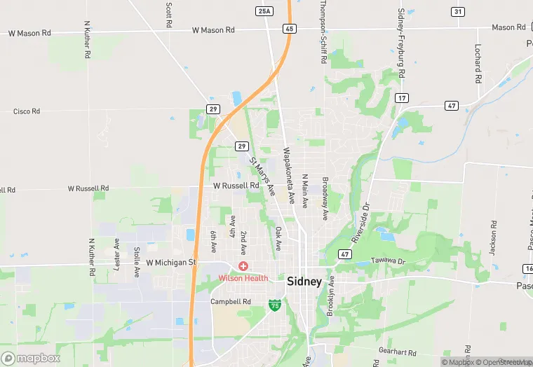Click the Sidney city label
point(304,282)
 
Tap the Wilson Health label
point(243,277)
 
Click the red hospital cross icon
point(243,266)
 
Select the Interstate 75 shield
point(276,305)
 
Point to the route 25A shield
point(264,11)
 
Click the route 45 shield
point(289,29)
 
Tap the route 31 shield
point(457,11)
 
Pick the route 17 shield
point(401,97)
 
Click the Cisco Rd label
point(27,111)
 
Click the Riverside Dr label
point(360,223)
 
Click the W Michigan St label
point(171,263)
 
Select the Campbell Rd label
point(231,302)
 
